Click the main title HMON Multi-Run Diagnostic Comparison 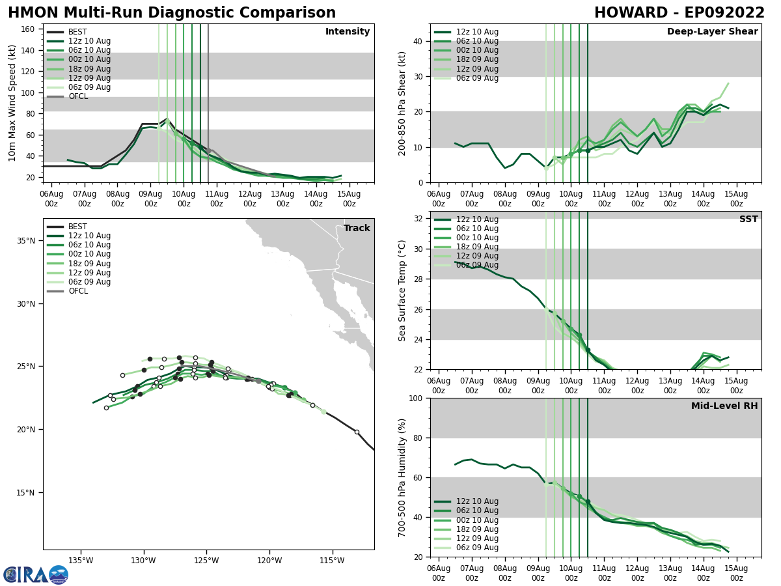point(172,13)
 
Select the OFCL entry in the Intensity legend point(78,96)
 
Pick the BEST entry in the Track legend point(77,227)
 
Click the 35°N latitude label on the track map point(26,241)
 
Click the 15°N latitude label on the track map point(26,493)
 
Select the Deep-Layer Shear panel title point(712,32)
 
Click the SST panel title point(748,219)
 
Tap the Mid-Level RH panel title point(724,406)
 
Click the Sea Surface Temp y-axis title point(402,290)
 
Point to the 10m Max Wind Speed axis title point(12,103)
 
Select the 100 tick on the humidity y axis point(415,398)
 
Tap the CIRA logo point(35,575)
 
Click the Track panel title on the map point(357,228)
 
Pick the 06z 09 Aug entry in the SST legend point(477,265)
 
